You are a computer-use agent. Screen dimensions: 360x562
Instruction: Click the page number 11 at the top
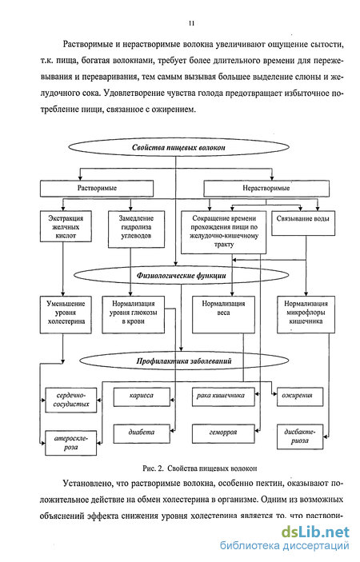pos(191,23)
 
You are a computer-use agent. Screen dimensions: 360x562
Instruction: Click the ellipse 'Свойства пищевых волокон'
pos(178,147)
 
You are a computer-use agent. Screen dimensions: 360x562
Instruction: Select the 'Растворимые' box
pos(97,188)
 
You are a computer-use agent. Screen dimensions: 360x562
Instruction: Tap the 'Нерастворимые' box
pos(266,188)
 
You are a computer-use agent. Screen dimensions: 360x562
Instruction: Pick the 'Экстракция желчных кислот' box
pos(66,226)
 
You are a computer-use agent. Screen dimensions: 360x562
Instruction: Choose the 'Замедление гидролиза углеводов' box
pos(136,229)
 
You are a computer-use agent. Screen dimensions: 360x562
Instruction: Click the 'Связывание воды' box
pos(303,223)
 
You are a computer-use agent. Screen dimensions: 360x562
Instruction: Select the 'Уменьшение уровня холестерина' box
pos(66,315)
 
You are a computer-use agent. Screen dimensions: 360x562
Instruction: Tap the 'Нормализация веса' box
pos(223,315)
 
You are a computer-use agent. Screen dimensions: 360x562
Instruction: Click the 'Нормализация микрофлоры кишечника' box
pos(306,315)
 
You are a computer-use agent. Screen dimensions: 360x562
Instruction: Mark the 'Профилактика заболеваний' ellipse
pos(183,361)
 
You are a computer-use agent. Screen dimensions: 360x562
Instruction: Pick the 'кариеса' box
pos(142,397)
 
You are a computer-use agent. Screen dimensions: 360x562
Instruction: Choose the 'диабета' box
pos(142,433)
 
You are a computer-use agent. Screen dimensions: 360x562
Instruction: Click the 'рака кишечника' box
pos(223,397)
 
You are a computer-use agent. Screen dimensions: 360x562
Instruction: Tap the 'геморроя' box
pos(223,433)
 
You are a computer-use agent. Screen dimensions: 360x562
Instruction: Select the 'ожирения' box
pos(300,397)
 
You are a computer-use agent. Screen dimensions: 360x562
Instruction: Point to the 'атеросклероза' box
pos(70,443)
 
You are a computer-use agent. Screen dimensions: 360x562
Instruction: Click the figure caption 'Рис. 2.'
pos(153,468)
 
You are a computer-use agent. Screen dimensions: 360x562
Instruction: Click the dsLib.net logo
pos(315,532)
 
